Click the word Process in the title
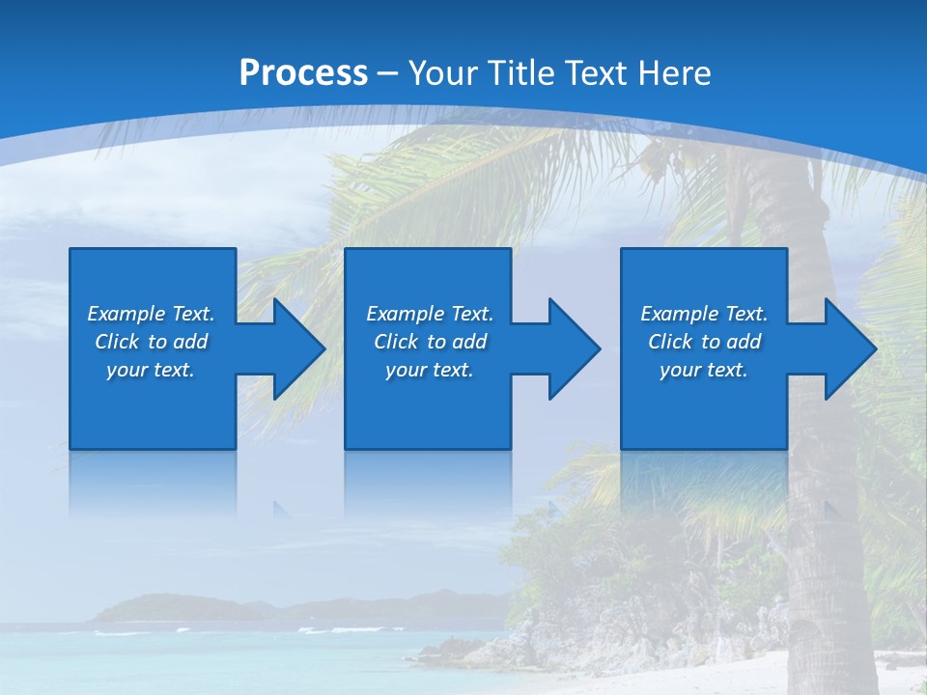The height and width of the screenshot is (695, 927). tap(303, 73)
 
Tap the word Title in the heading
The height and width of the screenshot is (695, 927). tap(524, 73)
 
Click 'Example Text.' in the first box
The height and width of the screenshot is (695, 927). tap(152, 314)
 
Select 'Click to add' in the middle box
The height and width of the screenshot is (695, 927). tap(430, 342)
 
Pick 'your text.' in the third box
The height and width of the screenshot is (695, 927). tap(704, 370)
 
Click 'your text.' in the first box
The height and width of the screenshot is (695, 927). tap(152, 370)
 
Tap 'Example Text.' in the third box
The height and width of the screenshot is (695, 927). tap(704, 314)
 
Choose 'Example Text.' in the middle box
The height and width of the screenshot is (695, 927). tap(430, 314)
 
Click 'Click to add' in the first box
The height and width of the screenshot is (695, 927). tap(152, 342)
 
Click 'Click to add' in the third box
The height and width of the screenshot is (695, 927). tap(704, 342)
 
